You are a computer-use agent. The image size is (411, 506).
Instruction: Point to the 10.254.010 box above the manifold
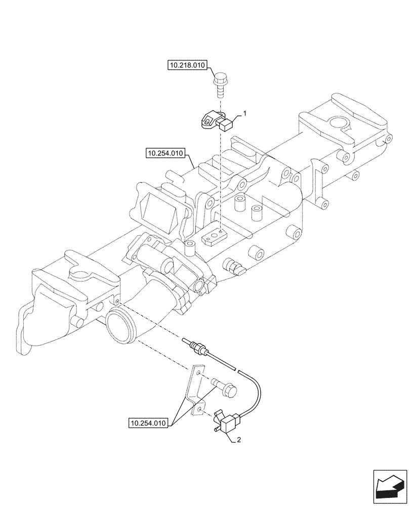(166, 152)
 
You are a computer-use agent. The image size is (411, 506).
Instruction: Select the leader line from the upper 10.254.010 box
(192, 161)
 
